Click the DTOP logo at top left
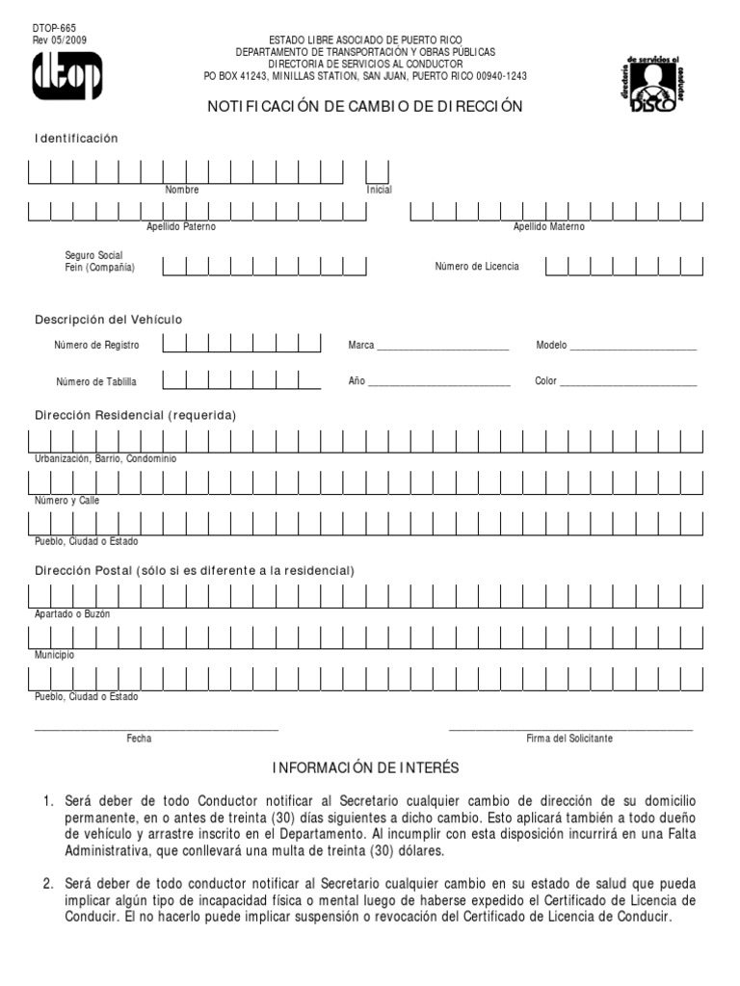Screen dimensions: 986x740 tap(66, 76)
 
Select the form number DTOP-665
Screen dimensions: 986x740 tap(55, 29)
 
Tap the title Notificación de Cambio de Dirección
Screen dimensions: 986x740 tap(365, 107)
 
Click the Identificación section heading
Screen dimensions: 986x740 tap(76, 139)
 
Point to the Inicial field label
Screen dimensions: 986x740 tap(379, 190)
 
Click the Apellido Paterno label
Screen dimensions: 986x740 tap(181, 227)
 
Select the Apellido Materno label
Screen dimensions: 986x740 tap(548, 227)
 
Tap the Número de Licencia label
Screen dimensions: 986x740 tap(476, 266)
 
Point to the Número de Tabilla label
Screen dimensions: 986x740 tap(96, 382)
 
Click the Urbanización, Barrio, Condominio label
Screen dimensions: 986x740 tap(106, 459)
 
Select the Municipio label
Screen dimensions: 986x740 tap(55, 655)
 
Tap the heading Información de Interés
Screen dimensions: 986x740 tap(365, 767)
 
